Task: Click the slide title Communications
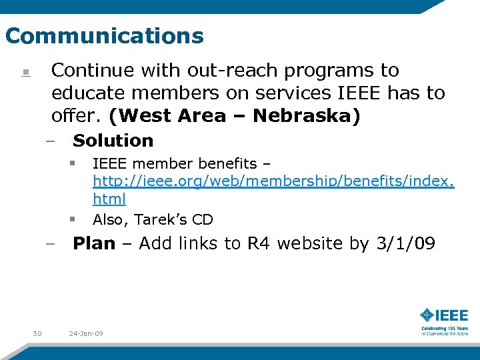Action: [104, 35]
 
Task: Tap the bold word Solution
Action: [113, 141]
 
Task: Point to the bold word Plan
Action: [94, 243]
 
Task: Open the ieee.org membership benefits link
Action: [273, 181]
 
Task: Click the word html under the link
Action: [109, 199]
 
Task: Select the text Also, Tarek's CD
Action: [153, 219]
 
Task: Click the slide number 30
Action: [37, 333]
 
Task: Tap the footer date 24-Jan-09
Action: [86, 333]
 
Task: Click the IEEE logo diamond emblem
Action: [427, 315]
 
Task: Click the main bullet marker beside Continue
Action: [25, 73]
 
